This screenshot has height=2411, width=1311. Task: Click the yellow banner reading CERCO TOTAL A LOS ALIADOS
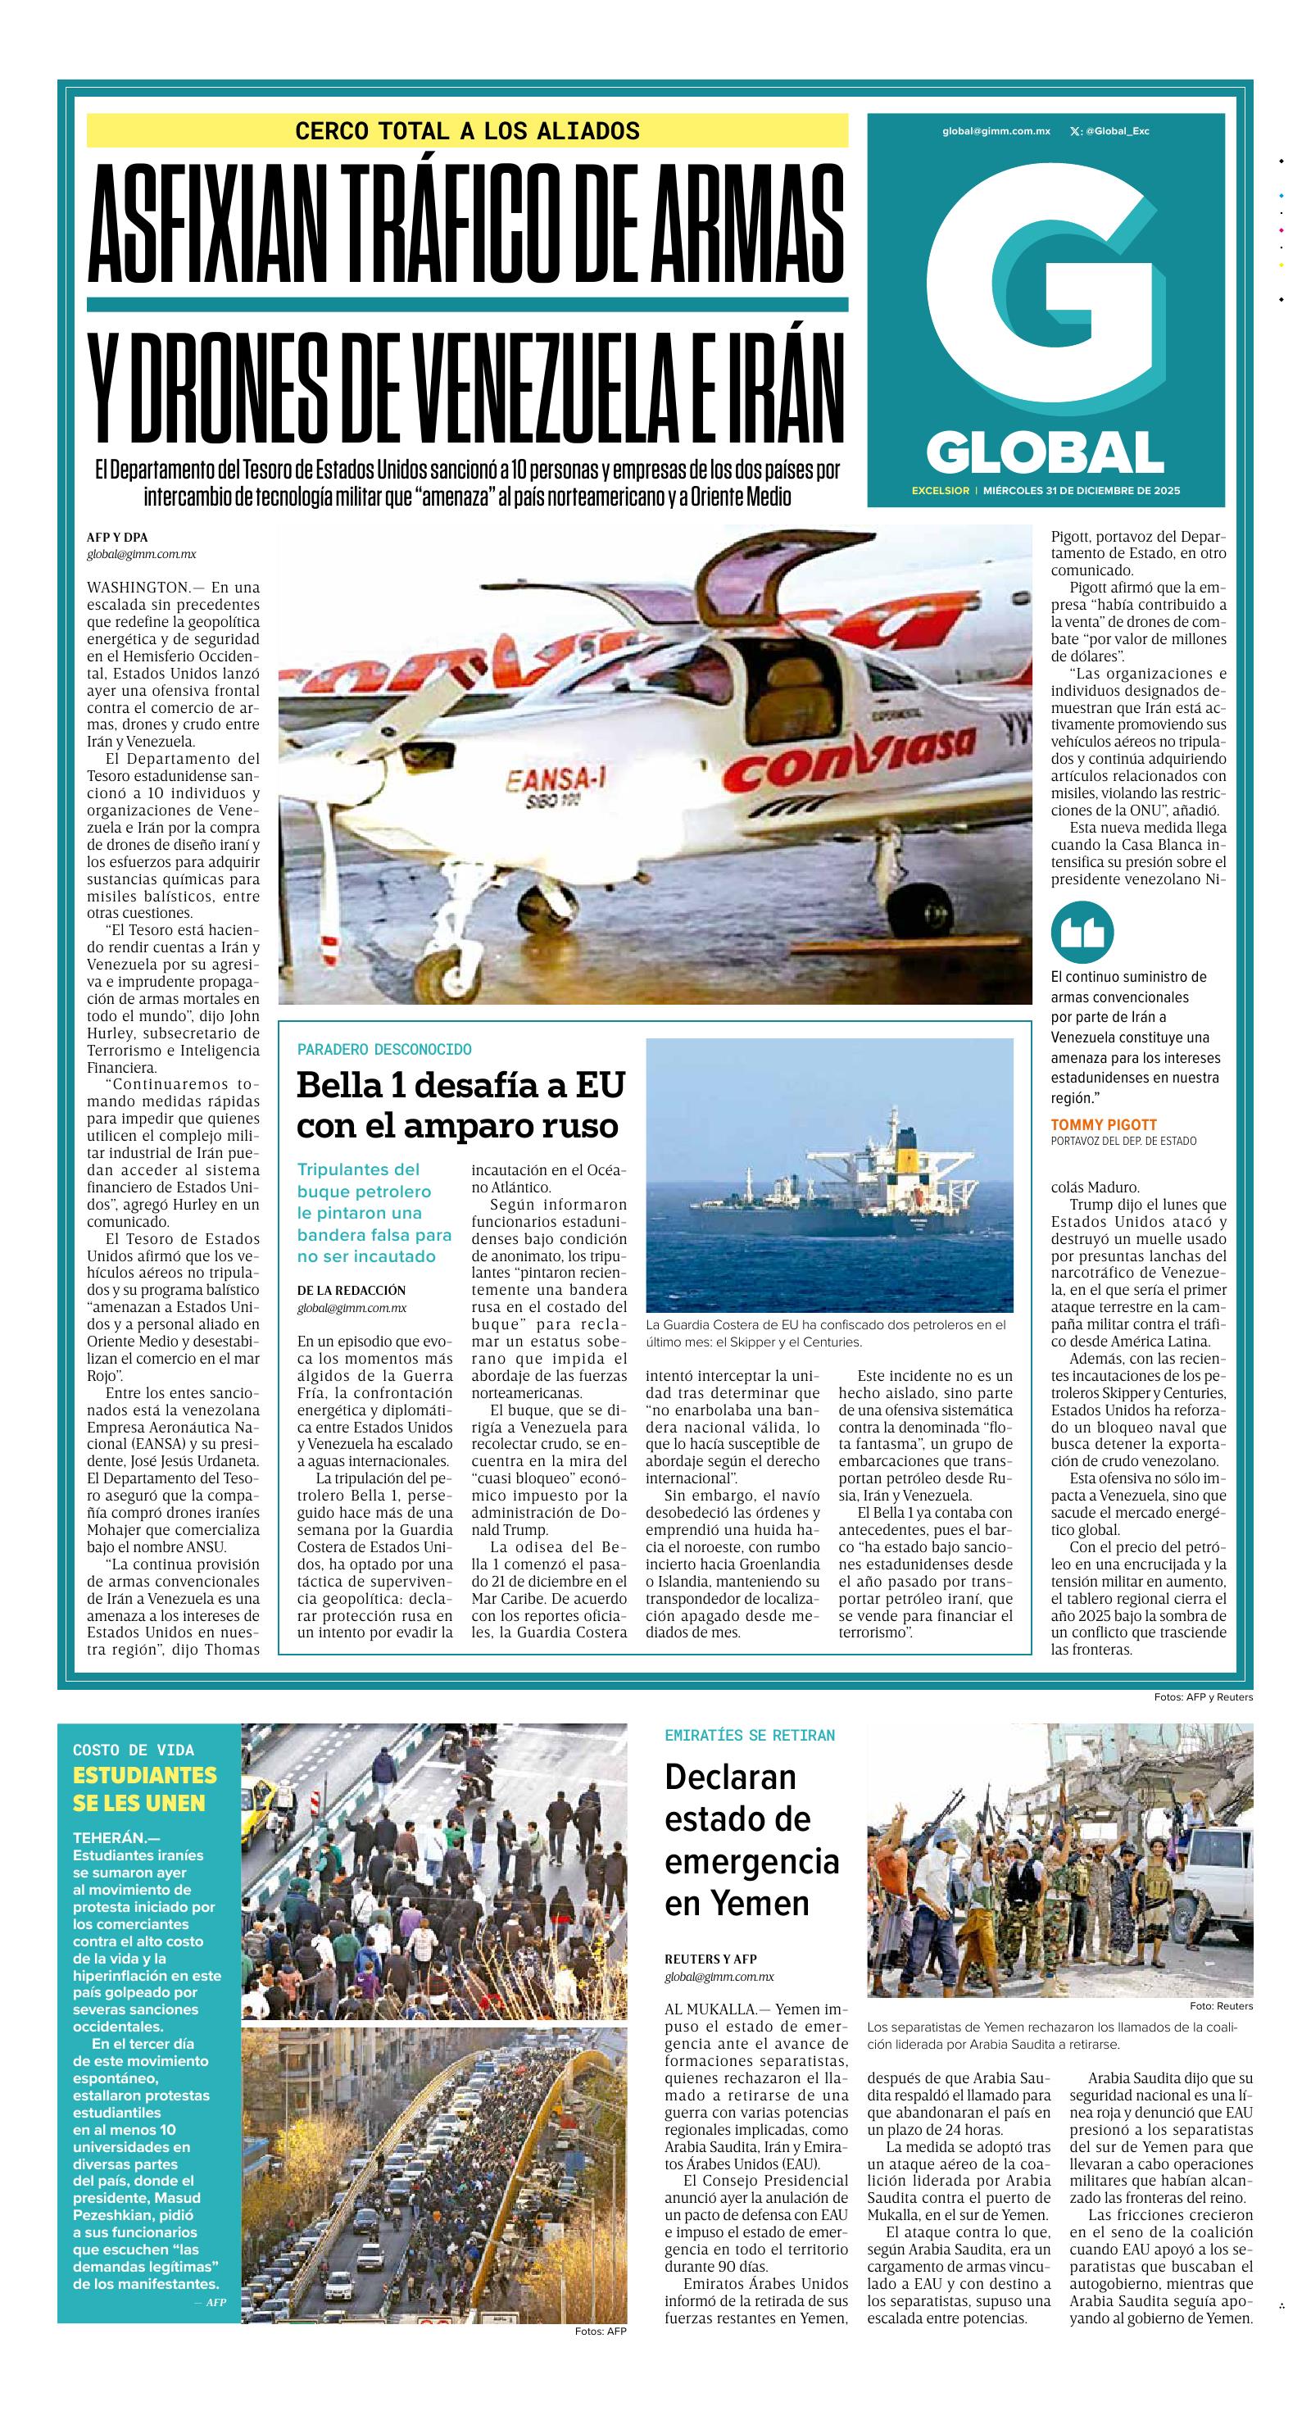coord(467,131)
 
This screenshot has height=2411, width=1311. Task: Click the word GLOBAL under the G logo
coord(1045,453)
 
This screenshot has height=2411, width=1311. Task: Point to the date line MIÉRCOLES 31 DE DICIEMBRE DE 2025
coord(1086,490)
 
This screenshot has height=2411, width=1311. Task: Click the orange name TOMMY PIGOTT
coord(1103,1124)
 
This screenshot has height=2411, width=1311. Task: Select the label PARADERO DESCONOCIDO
coord(383,1049)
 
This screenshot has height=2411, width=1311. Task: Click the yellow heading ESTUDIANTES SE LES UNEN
coord(145,1789)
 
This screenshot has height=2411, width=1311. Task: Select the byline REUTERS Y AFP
coord(710,1959)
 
